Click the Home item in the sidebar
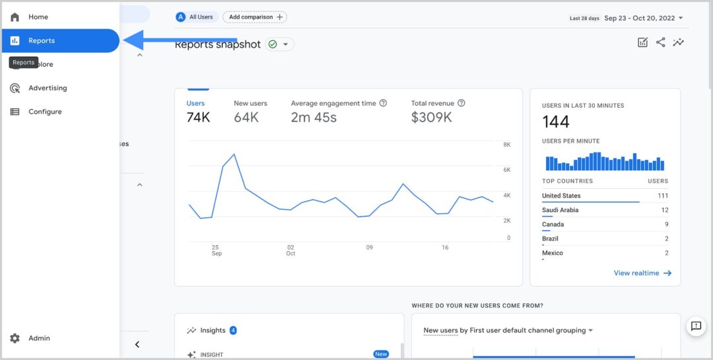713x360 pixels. (x=38, y=17)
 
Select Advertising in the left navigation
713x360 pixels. (x=47, y=88)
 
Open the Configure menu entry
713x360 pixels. (x=44, y=112)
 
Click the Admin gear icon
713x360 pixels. (x=15, y=338)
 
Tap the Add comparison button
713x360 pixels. (x=255, y=17)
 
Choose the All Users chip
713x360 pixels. (x=197, y=17)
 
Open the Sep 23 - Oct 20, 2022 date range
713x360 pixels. (x=639, y=18)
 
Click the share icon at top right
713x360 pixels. (x=660, y=42)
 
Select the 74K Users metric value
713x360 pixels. (x=198, y=118)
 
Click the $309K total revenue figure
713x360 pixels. (x=431, y=118)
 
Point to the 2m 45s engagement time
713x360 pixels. (x=314, y=118)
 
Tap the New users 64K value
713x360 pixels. (x=246, y=118)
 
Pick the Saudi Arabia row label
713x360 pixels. (x=560, y=210)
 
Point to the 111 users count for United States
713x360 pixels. (x=662, y=196)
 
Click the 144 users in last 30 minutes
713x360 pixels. (x=555, y=122)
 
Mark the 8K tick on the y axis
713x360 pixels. (x=506, y=145)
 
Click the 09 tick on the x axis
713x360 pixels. (x=369, y=248)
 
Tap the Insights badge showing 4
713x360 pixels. (x=233, y=330)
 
